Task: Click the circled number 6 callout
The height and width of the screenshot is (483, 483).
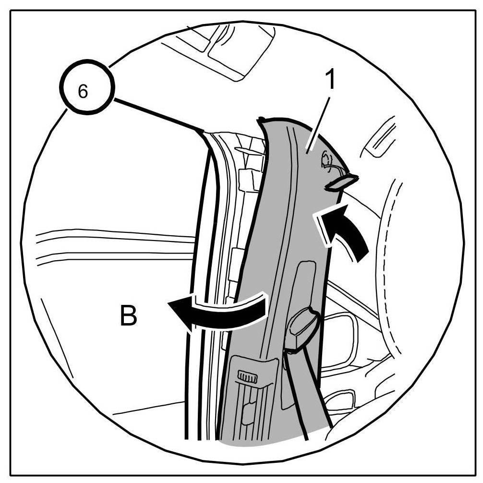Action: click(84, 92)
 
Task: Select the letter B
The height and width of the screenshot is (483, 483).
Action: click(128, 316)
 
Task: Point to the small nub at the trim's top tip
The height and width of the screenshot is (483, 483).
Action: click(262, 119)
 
